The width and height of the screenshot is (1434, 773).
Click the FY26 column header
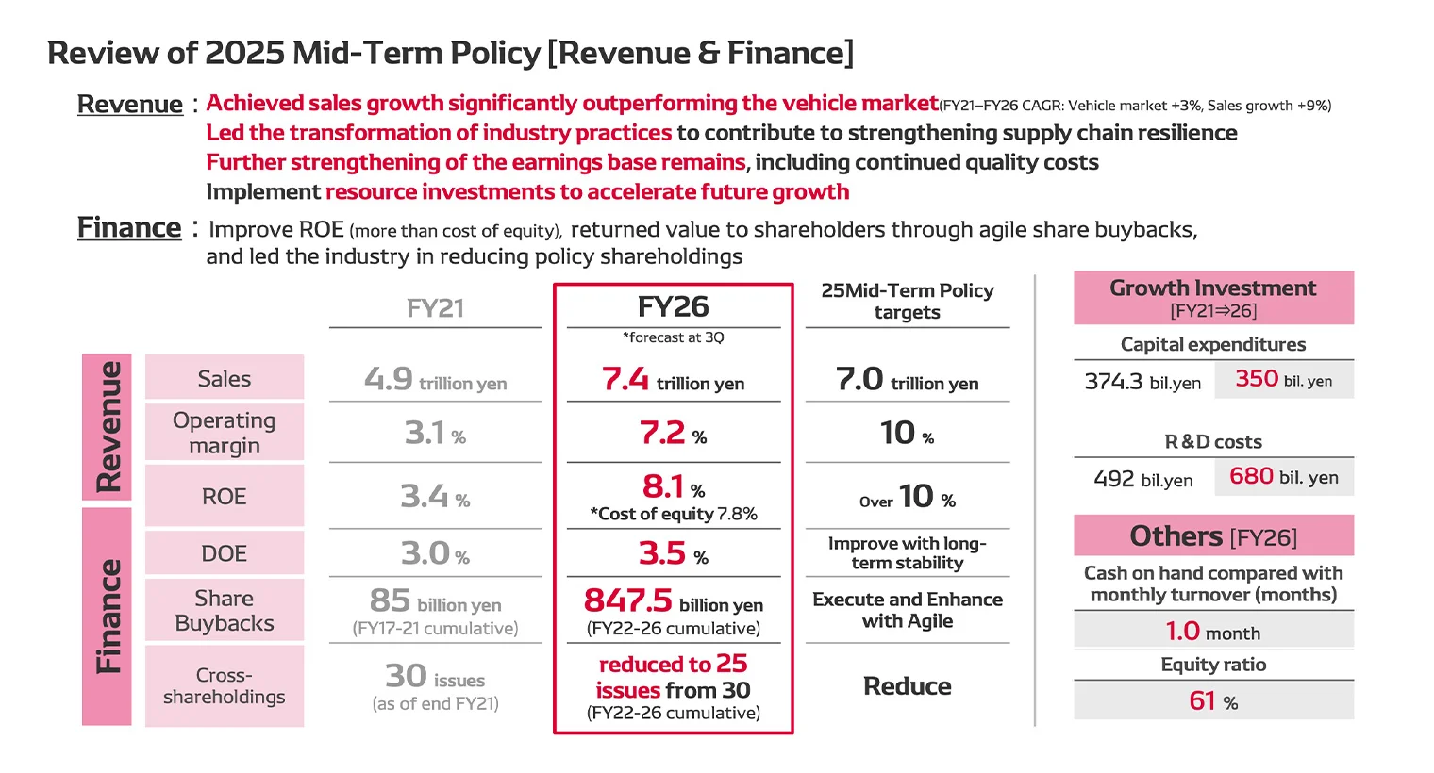click(x=673, y=307)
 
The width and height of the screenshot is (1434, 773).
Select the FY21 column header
click(x=435, y=309)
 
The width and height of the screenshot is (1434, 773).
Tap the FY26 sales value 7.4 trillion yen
click(x=673, y=380)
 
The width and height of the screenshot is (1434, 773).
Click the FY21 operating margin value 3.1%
click(x=435, y=434)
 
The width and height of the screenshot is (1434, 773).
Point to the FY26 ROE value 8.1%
click(x=673, y=487)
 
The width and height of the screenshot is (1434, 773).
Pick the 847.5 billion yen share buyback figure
click(x=673, y=601)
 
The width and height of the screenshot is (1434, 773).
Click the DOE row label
click(x=225, y=553)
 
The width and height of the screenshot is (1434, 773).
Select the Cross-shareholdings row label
click(x=225, y=686)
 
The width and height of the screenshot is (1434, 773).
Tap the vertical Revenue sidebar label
click(x=108, y=427)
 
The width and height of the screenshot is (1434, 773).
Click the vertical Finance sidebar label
click(x=108, y=617)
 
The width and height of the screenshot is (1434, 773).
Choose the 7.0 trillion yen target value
click(x=907, y=380)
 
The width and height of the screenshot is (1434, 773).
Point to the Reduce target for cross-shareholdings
click(x=907, y=686)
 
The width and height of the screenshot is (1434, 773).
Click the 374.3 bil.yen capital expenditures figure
click(x=1142, y=381)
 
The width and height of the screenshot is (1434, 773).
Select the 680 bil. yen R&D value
click(x=1283, y=477)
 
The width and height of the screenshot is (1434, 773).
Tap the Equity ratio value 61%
click(x=1213, y=701)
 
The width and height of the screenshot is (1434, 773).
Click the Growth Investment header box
click(x=1213, y=298)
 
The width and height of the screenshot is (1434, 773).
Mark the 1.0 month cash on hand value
click(x=1213, y=632)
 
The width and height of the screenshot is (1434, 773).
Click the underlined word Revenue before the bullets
click(x=130, y=105)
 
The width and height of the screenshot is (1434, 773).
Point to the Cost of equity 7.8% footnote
click(x=673, y=514)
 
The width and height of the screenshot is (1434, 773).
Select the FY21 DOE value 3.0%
click(x=435, y=553)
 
